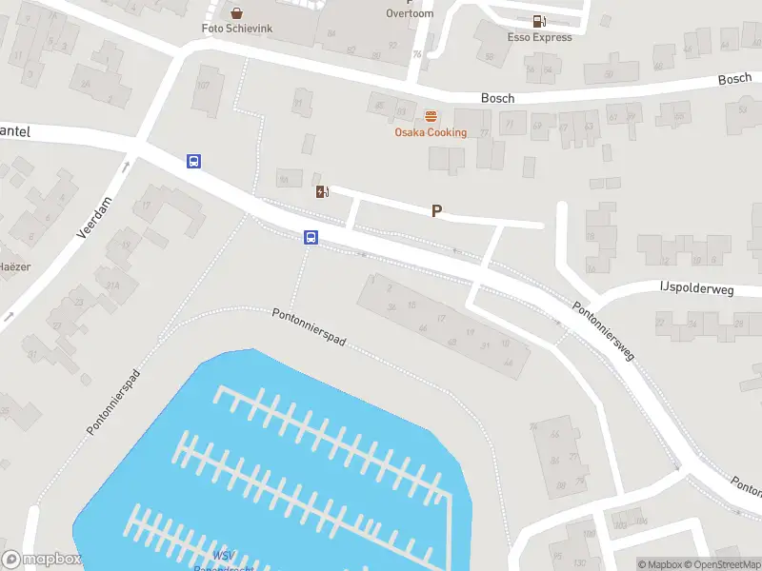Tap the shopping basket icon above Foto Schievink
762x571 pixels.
tap(236, 13)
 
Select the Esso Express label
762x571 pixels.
tap(540, 38)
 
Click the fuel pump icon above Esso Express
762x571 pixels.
tap(539, 21)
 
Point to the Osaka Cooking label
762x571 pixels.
tap(431, 132)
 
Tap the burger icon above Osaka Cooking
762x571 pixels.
tap(431, 116)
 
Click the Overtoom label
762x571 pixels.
tap(411, 13)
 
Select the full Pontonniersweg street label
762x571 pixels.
tap(603, 331)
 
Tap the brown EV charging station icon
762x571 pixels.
tap(323, 192)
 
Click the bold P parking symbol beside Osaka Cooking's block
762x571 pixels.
tap(437, 211)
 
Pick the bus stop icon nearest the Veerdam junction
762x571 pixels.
tap(193, 162)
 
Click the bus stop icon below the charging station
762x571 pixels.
tap(311, 238)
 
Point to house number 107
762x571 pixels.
tap(202, 86)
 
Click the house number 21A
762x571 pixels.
tap(112, 285)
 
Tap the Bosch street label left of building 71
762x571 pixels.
tap(497, 98)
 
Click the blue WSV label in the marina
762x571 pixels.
tap(223, 556)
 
